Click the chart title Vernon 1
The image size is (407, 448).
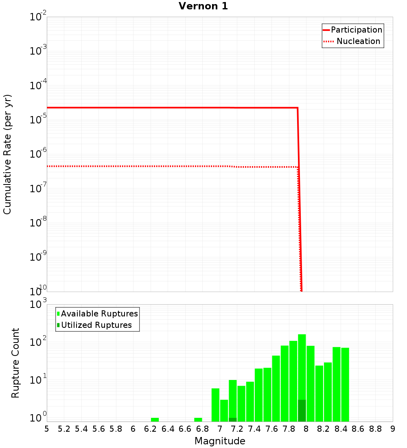click(203, 6)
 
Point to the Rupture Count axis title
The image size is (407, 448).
click(15, 363)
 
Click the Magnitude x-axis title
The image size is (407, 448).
click(220, 441)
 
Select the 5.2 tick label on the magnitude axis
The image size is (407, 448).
click(64, 429)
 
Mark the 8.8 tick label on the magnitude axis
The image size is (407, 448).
click(375, 429)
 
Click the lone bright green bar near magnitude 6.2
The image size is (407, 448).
click(155, 419)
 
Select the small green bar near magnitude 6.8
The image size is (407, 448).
click(198, 419)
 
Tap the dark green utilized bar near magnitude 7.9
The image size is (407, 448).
click(302, 411)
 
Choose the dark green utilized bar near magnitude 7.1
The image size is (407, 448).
click(232, 419)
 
